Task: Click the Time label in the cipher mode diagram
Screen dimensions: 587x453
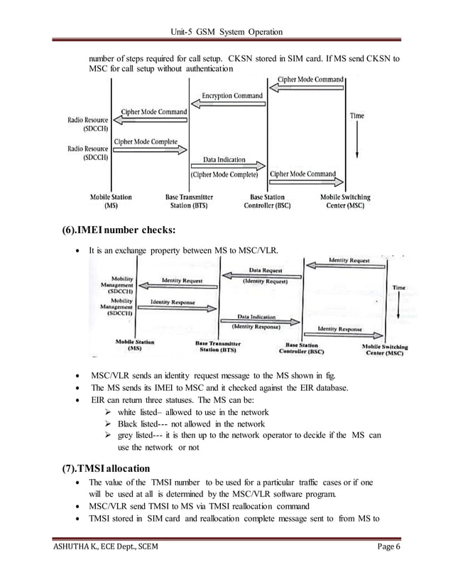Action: coord(357,115)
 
